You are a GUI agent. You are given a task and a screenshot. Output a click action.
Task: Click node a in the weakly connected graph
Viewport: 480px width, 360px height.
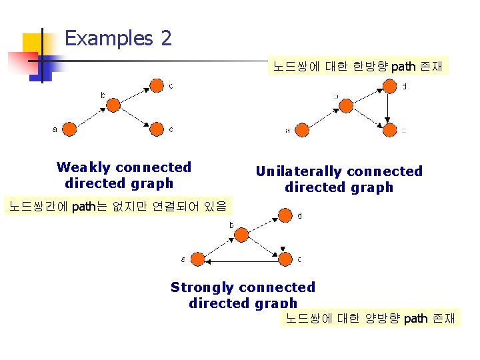click(x=69, y=129)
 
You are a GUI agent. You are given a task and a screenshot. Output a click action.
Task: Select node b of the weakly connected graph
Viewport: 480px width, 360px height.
click(x=113, y=105)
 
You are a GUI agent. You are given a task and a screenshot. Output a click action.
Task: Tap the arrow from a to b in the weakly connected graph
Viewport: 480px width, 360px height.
click(x=91, y=117)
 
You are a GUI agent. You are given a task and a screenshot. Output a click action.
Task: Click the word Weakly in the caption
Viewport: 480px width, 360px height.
click(x=84, y=167)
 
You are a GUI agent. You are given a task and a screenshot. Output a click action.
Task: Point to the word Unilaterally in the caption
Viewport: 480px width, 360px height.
click(x=299, y=171)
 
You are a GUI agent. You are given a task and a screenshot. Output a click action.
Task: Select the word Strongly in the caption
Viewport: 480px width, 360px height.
click(x=201, y=287)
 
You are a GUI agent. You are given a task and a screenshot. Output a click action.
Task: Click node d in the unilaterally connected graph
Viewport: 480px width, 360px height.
click(x=389, y=87)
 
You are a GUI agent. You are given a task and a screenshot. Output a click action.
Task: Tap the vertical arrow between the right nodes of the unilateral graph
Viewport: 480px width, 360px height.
click(x=389, y=107)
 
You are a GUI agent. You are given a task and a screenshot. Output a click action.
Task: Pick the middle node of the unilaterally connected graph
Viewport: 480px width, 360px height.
click(x=345, y=107)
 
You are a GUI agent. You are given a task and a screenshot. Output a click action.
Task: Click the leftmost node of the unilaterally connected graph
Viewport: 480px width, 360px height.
click(x=302, y=130)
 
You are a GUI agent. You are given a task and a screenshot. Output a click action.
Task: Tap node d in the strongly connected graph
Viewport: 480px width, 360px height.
click(x=285, y=215)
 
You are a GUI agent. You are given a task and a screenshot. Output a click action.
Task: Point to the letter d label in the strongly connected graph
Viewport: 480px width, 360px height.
click(x=299, y=215)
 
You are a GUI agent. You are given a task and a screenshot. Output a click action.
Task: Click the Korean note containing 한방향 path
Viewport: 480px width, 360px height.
click(x=358, y=67)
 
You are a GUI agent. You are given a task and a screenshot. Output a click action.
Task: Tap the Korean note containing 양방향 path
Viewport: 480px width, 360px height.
click(x=371, y=318)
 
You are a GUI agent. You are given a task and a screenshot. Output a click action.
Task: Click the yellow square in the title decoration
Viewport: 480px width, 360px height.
click(x=31, y=43)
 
